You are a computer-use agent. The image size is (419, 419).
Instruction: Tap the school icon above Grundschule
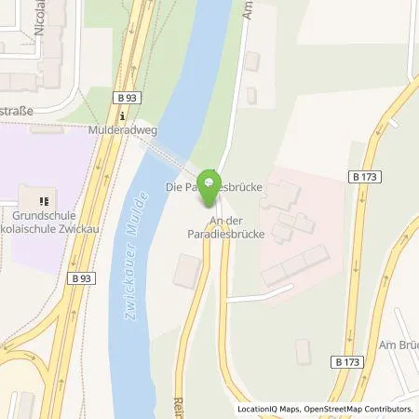41,199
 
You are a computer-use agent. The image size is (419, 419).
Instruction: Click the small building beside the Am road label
253,62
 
